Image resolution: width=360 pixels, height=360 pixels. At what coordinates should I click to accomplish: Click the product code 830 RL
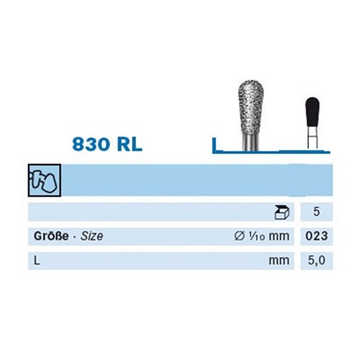[107, 145]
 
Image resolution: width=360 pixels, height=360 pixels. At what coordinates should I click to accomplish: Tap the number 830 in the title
[91, 145]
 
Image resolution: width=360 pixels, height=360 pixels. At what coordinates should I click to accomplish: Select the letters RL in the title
[130, 145]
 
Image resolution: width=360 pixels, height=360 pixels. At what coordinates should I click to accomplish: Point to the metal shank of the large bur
[251, 143]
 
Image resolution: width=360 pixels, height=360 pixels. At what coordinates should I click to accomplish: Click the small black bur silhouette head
[312, 112]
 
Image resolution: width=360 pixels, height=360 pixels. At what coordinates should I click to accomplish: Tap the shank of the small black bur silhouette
[312, 138]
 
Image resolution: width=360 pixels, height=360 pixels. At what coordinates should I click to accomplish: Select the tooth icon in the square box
[45, 181]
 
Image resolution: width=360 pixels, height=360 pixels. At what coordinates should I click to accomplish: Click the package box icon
[282, 212]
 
